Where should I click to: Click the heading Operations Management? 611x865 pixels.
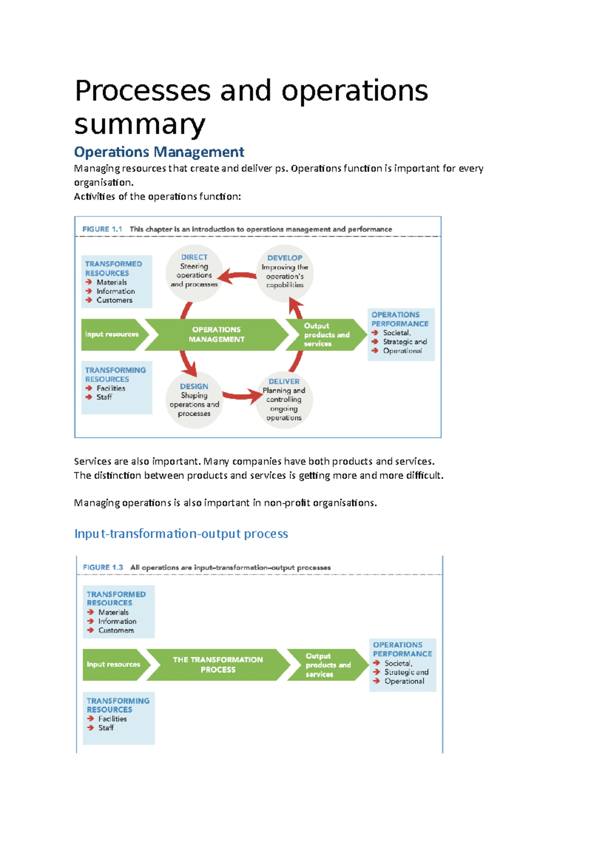click(159, 152)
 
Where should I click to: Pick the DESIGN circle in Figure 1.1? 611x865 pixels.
click(194, 400)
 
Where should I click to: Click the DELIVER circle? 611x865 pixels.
click(284, 400)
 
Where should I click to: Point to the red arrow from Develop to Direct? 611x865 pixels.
click(238, 277)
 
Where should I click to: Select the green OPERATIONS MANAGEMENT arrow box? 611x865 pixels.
click(216, 335)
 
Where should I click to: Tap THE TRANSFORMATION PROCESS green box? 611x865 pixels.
click(218, 664)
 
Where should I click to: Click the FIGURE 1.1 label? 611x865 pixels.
click(102, 229)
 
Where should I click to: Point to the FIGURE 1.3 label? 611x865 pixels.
click(103, 567)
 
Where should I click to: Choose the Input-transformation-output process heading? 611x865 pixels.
click(181, 533)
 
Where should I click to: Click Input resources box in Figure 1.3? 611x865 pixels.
click(113, 664)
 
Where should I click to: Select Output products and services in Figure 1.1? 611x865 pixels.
click(326, 335)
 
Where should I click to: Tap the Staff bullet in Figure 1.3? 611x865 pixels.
click(105, 728)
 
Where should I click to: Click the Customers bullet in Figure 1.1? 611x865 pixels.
click(114, 300)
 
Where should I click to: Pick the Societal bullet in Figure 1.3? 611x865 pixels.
click(398, 663)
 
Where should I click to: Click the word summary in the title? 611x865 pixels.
click(140, 124)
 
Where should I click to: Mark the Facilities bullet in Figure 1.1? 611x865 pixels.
click(110, 388)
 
